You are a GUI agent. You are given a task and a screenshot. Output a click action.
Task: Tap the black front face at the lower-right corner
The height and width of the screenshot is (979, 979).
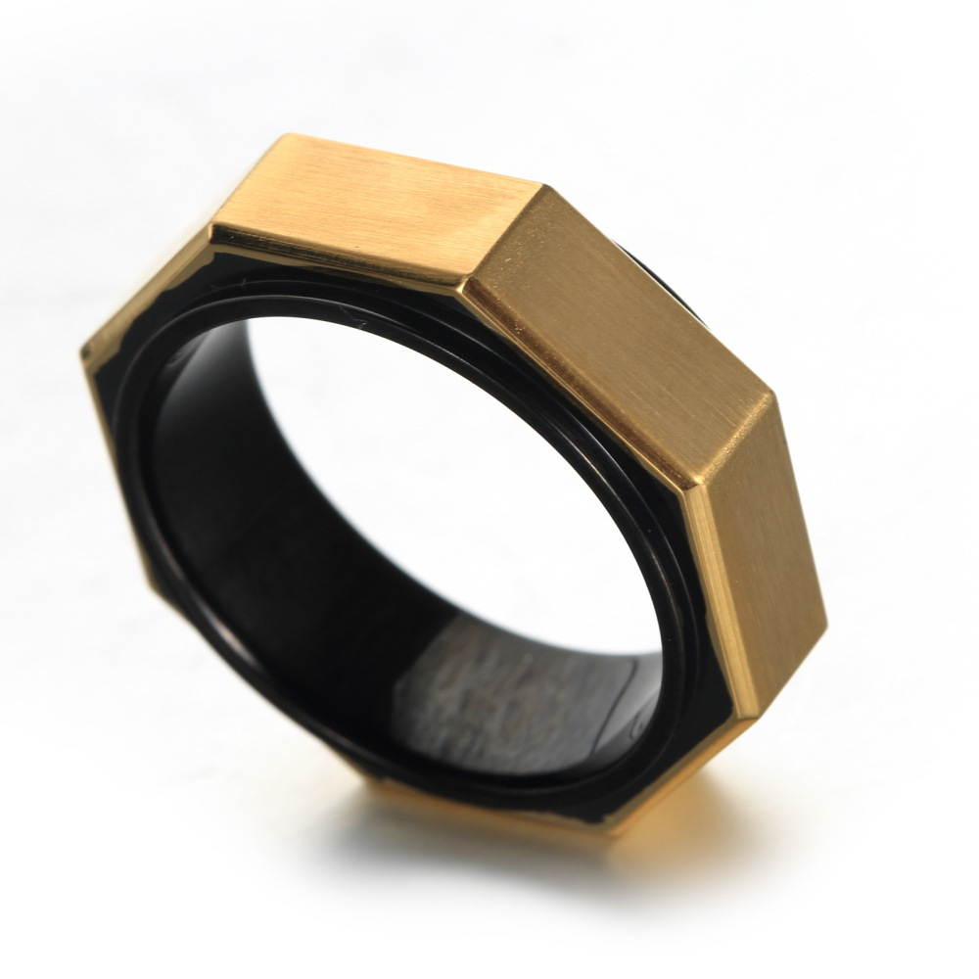(x=676, y=744)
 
